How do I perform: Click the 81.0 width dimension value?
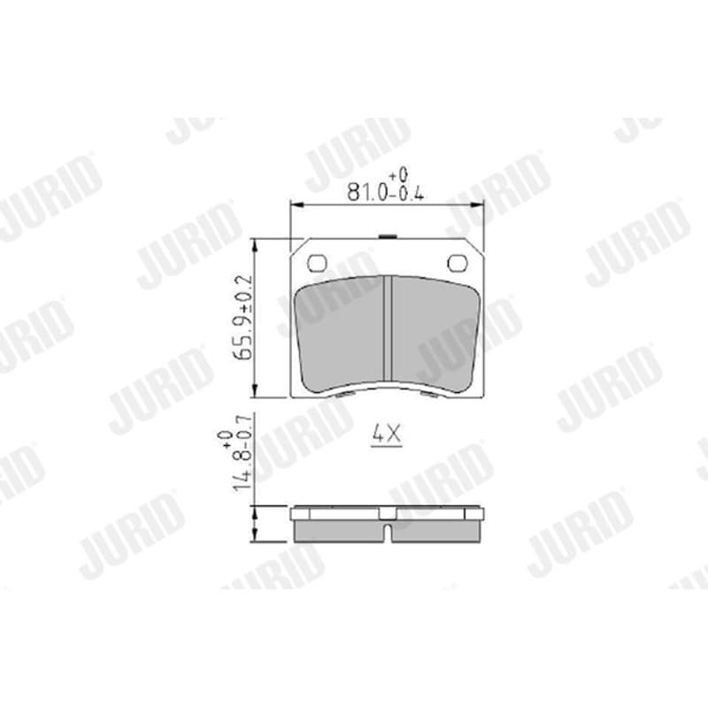tap(366, 193)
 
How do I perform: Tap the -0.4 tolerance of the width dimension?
tap(406, 194)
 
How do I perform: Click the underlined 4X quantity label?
tap(387, 435)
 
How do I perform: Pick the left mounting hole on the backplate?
tap(317, 263)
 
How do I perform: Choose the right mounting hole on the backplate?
tap(457, 263)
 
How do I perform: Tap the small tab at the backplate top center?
tap(387, 236)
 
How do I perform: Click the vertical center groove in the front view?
tap(388, 328)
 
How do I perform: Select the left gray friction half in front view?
tap(340, 334)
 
